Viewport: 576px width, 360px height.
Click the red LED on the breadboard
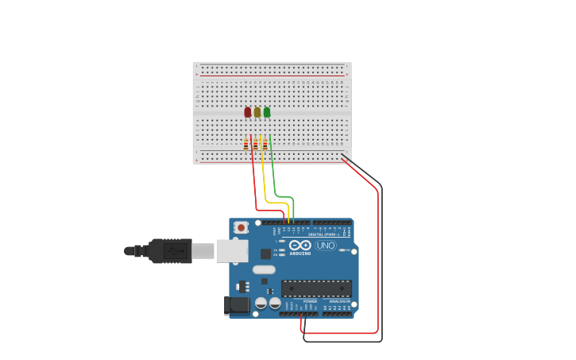248,112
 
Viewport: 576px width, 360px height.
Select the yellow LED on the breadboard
257,112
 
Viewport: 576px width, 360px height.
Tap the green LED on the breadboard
267,112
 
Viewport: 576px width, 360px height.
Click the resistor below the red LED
246,144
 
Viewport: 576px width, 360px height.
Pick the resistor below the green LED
265,144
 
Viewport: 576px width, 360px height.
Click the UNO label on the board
326,246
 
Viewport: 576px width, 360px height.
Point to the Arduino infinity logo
300,246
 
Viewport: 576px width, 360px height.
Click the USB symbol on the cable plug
176,251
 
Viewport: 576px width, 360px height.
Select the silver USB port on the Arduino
232,251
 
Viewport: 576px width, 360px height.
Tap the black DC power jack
236,304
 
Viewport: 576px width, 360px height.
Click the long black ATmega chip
316,288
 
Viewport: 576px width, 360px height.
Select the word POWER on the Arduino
310,301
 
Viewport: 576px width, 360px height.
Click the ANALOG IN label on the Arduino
339,301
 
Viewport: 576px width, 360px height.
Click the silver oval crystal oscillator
264,269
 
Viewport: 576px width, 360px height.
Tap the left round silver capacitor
261,303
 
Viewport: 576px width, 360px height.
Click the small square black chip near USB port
265,254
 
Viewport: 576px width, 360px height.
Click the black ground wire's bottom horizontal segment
342,341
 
